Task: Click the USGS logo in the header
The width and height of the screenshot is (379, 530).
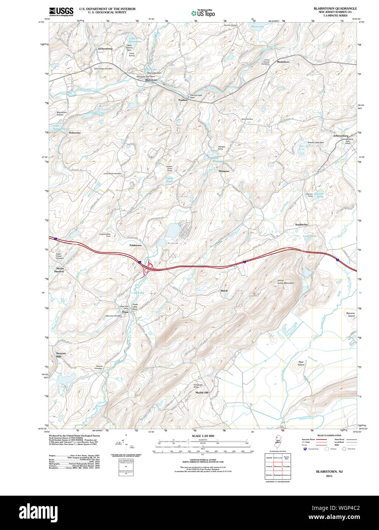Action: click(x=61, y=11)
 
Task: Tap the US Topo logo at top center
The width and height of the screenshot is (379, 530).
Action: click(x=203, y=13)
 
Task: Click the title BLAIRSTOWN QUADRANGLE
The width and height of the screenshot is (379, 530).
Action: click(x=335, y=8)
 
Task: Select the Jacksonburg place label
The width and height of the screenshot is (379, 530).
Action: click(x=105, y=49)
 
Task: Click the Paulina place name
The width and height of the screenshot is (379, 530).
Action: click(x=183, y=100)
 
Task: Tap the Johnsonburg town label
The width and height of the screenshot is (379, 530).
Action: click(x=341, y=136)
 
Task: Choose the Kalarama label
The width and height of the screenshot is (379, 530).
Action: click(x=75, y=133)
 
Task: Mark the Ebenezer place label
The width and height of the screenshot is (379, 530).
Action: click(x=224, y=171)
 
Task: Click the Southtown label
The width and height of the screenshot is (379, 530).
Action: click(x=301, y=225)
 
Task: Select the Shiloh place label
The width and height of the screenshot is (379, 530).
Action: click(x=224, y=291)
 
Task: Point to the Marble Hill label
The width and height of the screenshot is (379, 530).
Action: click(x=202, y=392)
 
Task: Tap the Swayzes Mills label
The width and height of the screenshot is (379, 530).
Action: click(x=61, y=355)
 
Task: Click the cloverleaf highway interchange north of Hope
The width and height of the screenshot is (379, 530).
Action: click(x=147, y=267)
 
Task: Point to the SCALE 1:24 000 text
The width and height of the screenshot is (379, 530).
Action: click(x=203, y=436)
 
